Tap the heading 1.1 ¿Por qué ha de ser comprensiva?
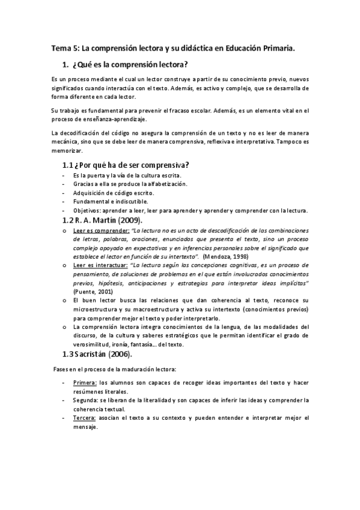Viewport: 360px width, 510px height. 126,165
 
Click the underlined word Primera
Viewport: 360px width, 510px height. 84,383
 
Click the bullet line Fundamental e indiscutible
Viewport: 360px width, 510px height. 106,201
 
